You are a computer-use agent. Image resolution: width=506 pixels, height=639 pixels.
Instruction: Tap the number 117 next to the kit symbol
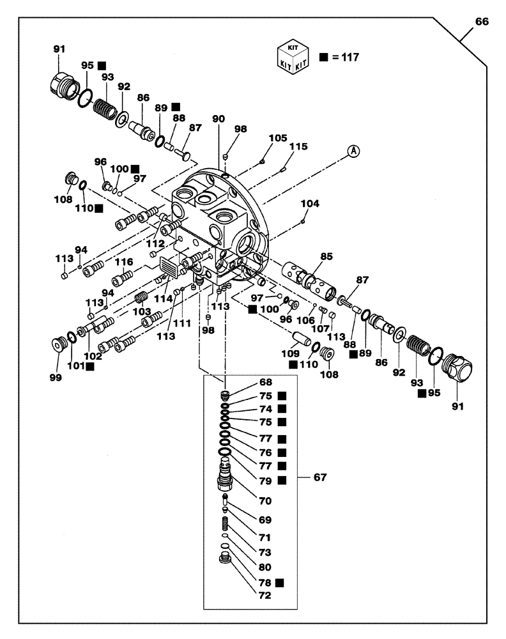click(349, 57)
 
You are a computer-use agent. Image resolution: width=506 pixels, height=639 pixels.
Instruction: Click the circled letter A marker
click(353, 151)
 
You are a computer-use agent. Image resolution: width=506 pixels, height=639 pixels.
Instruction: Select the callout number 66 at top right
click(482, 21)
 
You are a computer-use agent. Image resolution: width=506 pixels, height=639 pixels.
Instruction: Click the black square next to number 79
click(282, 480)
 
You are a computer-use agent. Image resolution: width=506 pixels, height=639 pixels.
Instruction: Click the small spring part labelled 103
click(141, 298)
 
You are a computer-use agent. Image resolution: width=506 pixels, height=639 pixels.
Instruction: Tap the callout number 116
click(123, 262)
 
